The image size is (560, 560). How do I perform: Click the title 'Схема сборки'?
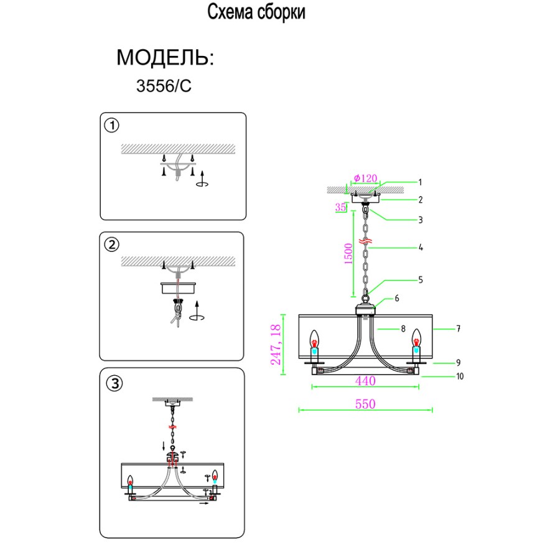(256, 13)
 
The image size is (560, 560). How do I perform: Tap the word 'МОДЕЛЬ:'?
(165, 58)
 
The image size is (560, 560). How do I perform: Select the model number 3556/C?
(164, 86)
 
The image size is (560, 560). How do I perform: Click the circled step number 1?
(111, 126)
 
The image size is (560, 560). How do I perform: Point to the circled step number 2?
(111, 245)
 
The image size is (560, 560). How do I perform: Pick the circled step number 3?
(113, 383)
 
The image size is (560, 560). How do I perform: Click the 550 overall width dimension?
(365, 404)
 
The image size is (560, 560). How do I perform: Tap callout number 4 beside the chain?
(421, 248)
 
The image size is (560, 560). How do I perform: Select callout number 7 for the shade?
(458, 329)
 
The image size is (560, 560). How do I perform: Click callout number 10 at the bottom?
(460, 376)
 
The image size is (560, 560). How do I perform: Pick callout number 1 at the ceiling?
(420, 182)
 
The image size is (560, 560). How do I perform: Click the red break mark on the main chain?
(366, 240)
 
